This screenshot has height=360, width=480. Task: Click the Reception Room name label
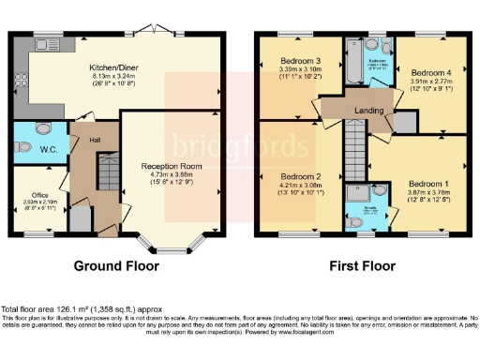172,166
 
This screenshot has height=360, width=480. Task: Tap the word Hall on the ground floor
96,141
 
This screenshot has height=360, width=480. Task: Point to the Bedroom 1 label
427,183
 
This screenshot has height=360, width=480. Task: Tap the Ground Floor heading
116,266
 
